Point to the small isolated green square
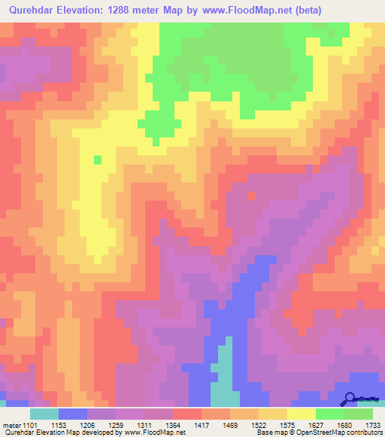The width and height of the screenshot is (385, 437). (x=97, y=159)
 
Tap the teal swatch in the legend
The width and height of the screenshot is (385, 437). (x=44, y=414)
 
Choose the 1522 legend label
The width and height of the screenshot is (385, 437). (x=272, y=424)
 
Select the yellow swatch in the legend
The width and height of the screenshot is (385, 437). (x=302, y=414)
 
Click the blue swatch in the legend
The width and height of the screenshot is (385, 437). (x=73, y=414)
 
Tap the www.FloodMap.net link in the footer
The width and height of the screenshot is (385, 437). (x=159, y=433)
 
